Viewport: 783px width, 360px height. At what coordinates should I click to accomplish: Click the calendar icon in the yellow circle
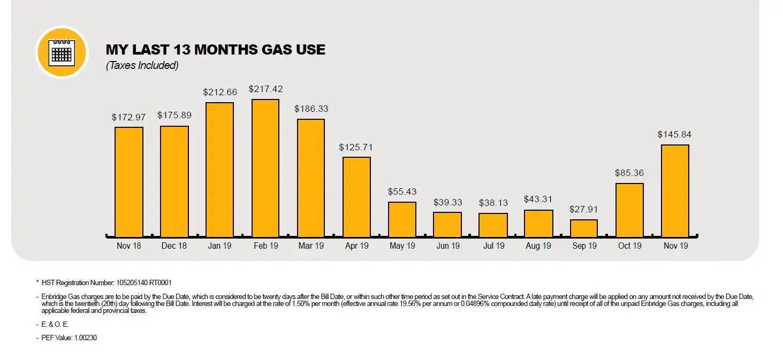click(62, 52)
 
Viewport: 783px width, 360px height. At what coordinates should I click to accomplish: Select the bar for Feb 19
click(265, 168)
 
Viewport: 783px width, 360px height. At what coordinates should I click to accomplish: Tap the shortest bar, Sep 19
click(583, 228)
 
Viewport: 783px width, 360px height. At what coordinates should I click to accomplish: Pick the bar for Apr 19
click(356, 197)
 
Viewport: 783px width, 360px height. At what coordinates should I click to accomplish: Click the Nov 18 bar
click(129, 182)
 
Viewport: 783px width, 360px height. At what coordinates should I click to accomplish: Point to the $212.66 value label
click(219, 92)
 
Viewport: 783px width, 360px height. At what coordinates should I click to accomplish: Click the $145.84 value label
click(674, 134)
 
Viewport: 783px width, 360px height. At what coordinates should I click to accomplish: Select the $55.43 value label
click(402, 192)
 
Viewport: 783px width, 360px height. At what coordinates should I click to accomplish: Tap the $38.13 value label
click(493, 203)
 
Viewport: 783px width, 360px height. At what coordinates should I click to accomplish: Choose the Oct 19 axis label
click(629, 246)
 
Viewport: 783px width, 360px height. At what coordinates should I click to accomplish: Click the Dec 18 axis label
click(174, 246)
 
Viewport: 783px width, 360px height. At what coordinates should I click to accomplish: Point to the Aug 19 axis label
click(538, 246)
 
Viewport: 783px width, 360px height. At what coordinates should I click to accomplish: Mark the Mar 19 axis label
click(311, 246)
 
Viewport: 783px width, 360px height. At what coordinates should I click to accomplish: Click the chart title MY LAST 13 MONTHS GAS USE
click(215, 50)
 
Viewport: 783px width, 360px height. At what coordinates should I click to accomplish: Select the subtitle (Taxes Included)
click(142, 66)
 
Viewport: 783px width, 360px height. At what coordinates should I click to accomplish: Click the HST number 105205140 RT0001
click(144, 282)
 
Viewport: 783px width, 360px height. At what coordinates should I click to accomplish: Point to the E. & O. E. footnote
click(56, 324)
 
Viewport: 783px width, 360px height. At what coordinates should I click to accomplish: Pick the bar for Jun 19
click(447, 225)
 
